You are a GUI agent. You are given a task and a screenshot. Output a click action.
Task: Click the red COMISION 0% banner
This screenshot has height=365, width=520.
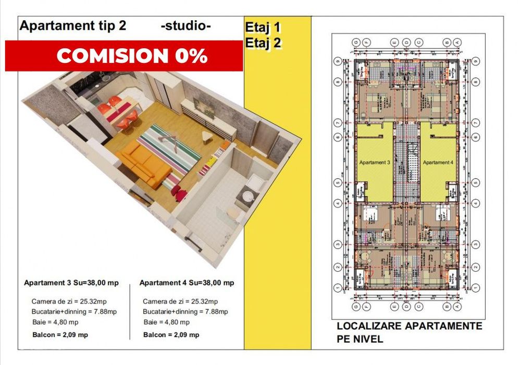point(124,55)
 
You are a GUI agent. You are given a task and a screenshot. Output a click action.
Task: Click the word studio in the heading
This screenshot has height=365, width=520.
point(186,27)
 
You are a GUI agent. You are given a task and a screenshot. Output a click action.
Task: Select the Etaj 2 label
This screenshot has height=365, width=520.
point(263,43)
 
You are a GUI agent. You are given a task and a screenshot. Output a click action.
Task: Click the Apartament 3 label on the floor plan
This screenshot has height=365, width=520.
point(375,163)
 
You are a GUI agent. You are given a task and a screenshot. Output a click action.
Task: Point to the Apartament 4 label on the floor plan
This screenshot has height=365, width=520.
point(438,163)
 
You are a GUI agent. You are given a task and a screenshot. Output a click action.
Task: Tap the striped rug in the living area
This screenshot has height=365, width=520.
point(169,151)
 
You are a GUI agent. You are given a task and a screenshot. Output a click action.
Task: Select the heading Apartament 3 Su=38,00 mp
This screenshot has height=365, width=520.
point(71,283)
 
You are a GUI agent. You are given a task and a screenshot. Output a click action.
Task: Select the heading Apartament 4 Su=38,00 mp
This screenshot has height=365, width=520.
point(187,283)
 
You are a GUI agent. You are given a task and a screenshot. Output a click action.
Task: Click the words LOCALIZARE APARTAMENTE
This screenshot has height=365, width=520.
point(409,326)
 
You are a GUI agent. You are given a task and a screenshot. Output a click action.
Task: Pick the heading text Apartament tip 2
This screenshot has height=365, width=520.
point(73,27)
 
